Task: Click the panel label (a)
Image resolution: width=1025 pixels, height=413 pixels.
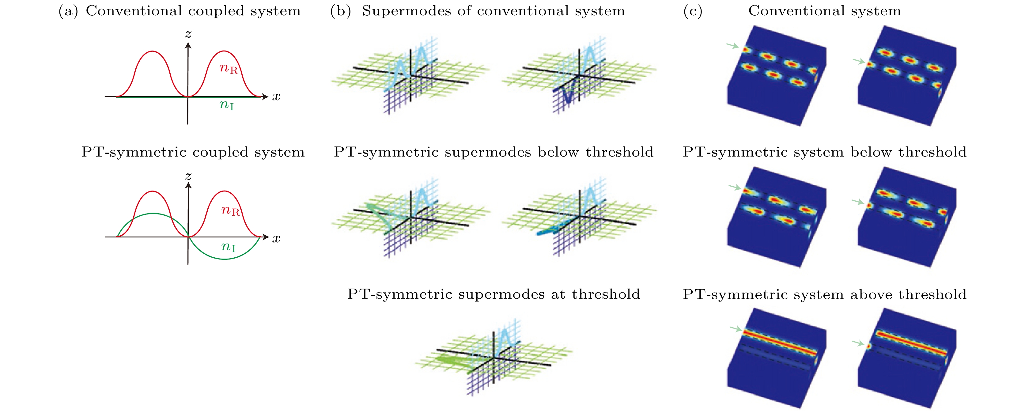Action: tap(68, 11)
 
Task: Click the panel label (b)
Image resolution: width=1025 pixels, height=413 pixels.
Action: tap(341, 11)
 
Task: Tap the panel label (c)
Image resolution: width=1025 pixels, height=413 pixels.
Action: tap(693, 11)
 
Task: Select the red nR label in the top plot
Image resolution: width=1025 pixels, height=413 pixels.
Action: tap(229, 69)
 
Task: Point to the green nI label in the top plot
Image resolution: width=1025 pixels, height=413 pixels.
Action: tap(227, 105)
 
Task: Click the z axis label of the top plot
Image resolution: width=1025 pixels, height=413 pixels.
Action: tap(188, 34)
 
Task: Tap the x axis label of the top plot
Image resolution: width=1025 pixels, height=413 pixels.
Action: tap(276, 97)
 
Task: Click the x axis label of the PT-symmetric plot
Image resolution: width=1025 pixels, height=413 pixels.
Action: tap(276, 239)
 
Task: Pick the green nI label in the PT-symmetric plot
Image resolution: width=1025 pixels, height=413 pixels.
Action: tap(229, 247)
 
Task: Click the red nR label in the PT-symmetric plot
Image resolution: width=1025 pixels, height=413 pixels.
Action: tap(231, 210)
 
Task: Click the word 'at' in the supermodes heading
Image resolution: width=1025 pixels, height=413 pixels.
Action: tap(558, 294)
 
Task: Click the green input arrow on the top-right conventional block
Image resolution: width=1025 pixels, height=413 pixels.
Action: tap(859, 61)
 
